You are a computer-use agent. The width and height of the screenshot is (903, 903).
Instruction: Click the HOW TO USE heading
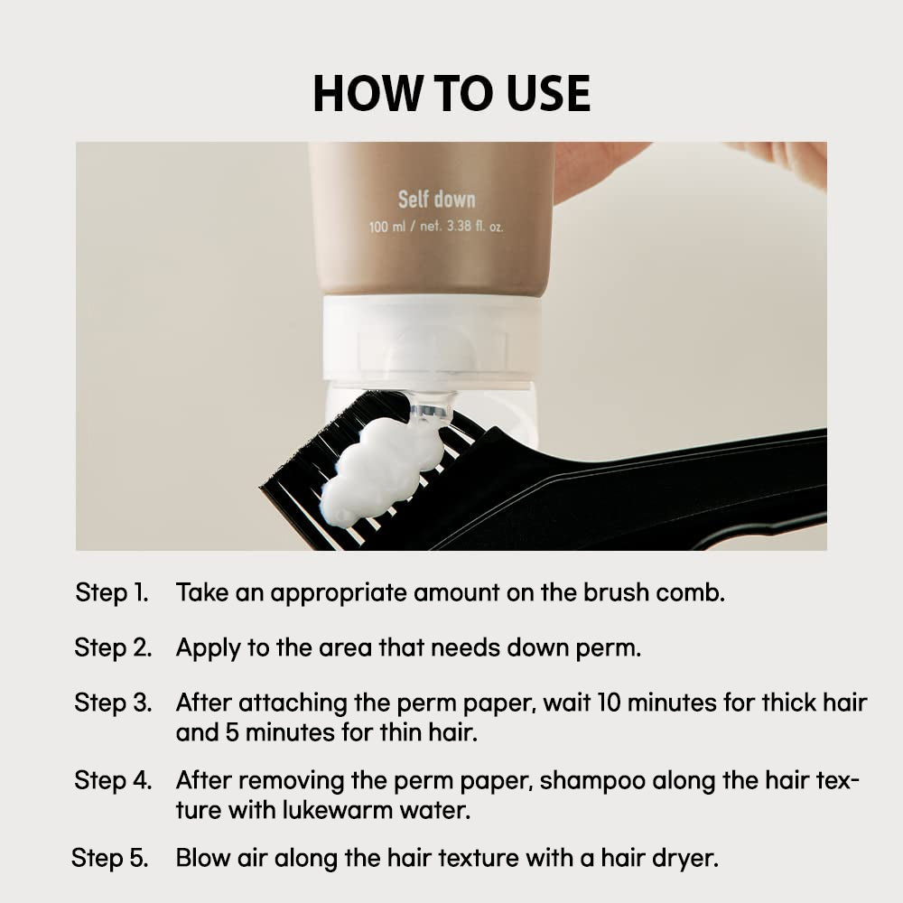[x=451, y=93]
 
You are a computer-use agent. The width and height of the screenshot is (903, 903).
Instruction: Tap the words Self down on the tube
[x=436, y=200]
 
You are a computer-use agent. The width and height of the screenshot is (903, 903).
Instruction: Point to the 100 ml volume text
[x=387, y=227]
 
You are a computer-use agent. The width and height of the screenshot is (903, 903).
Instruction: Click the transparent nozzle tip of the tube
[x=431, y=408]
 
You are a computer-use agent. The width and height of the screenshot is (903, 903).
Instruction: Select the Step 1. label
[x=112, y=592]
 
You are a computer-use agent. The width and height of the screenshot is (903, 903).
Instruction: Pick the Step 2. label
[x=113, y=647]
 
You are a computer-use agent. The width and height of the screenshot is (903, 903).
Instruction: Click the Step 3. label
[x=113, y=703]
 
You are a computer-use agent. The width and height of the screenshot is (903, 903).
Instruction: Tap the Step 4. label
[x=113, y=780]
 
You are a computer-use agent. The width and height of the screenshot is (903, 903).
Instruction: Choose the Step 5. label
[x=110, y=858]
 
